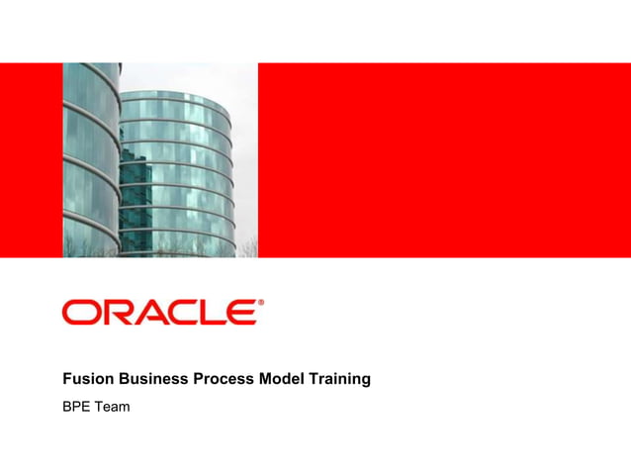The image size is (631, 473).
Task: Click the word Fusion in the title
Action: tap(87, 378)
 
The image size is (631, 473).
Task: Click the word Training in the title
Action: tap(338, 378)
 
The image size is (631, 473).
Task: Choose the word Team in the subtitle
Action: tap(113, 406)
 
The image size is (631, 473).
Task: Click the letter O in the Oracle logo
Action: tap(81, 313)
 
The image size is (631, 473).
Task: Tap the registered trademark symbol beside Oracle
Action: tap(261, 303)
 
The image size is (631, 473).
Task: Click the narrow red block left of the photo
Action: tap(31, 159)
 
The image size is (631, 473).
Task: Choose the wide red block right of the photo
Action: tap(444, 159)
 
